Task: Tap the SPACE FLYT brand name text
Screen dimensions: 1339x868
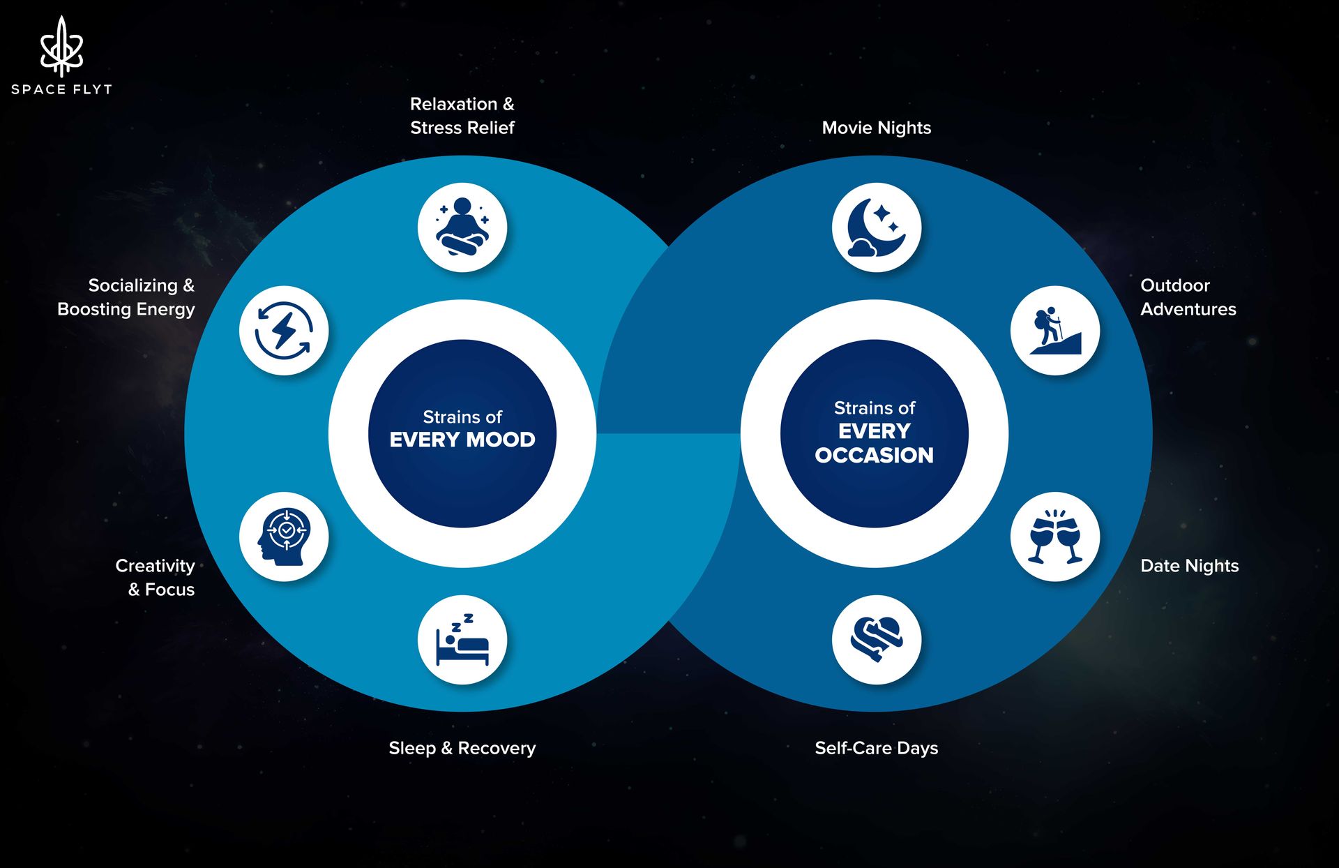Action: [61, 89]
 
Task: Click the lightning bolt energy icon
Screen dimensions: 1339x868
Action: [283, 330]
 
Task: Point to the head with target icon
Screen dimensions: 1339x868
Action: [283, 537]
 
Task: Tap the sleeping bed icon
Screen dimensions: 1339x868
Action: [462, 639]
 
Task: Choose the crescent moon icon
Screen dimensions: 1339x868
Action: [876, 227]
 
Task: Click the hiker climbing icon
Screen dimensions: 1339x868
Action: [1055, 330]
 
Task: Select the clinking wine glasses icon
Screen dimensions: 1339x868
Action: [1055, 537]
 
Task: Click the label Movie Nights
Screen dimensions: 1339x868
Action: [877, 128]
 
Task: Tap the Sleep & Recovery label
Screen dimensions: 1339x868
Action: [462, 748]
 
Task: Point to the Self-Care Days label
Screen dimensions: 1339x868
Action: [877, 748]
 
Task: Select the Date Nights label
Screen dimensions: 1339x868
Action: [1190, 566]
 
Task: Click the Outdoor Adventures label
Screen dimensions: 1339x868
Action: [1188, 297]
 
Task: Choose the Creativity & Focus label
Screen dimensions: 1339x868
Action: [156, 578]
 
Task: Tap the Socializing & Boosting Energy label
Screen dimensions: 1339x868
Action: [126, 297]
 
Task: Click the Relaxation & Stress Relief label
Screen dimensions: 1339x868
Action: [462, 116]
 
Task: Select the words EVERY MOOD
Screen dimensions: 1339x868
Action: [462, 440]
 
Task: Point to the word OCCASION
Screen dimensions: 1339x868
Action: [874, 455]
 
